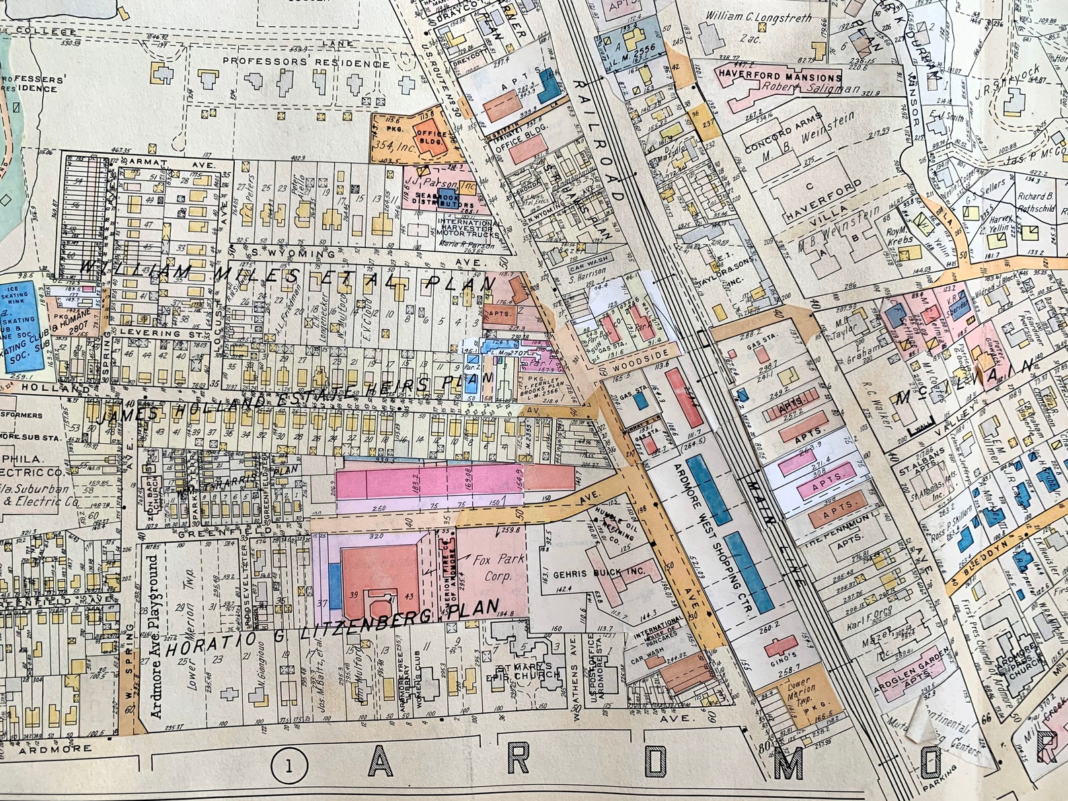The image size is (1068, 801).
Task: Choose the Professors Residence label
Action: click(306, 62)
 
